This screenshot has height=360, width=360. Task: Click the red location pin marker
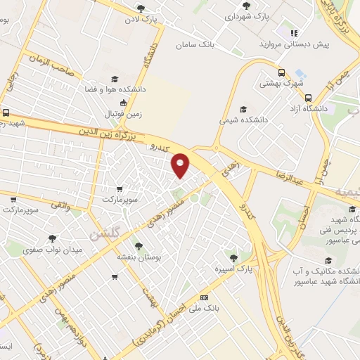[181, 165]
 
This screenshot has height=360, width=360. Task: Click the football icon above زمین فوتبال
[124, 103]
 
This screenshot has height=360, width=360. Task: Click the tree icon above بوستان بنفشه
[139, 246]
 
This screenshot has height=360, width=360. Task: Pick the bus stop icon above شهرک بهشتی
[282, 72]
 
